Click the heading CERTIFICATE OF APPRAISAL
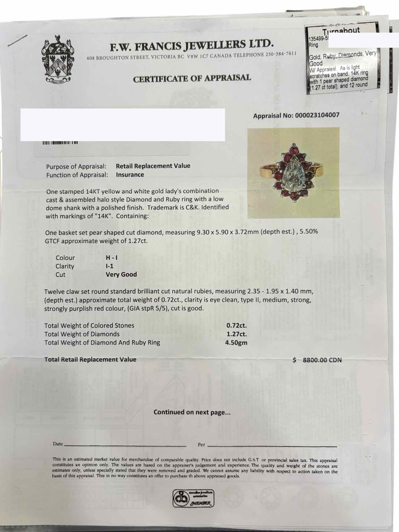(192, 78)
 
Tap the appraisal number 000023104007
(317, 115)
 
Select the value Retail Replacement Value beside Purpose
(153, 166)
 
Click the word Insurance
(130, 175)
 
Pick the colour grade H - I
(111, 258)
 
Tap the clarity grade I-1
(109, 266)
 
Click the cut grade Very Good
(121, 275)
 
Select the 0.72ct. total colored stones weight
(237, 325)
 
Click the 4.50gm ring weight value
(236, 343)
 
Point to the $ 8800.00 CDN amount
(317, 360)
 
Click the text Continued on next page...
(192, 412)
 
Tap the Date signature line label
(58, 444)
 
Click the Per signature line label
(201, 445)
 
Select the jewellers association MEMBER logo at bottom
(193, 498)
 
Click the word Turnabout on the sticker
(341, 31)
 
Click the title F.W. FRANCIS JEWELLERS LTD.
(192, 45)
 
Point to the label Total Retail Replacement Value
(90, 359)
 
